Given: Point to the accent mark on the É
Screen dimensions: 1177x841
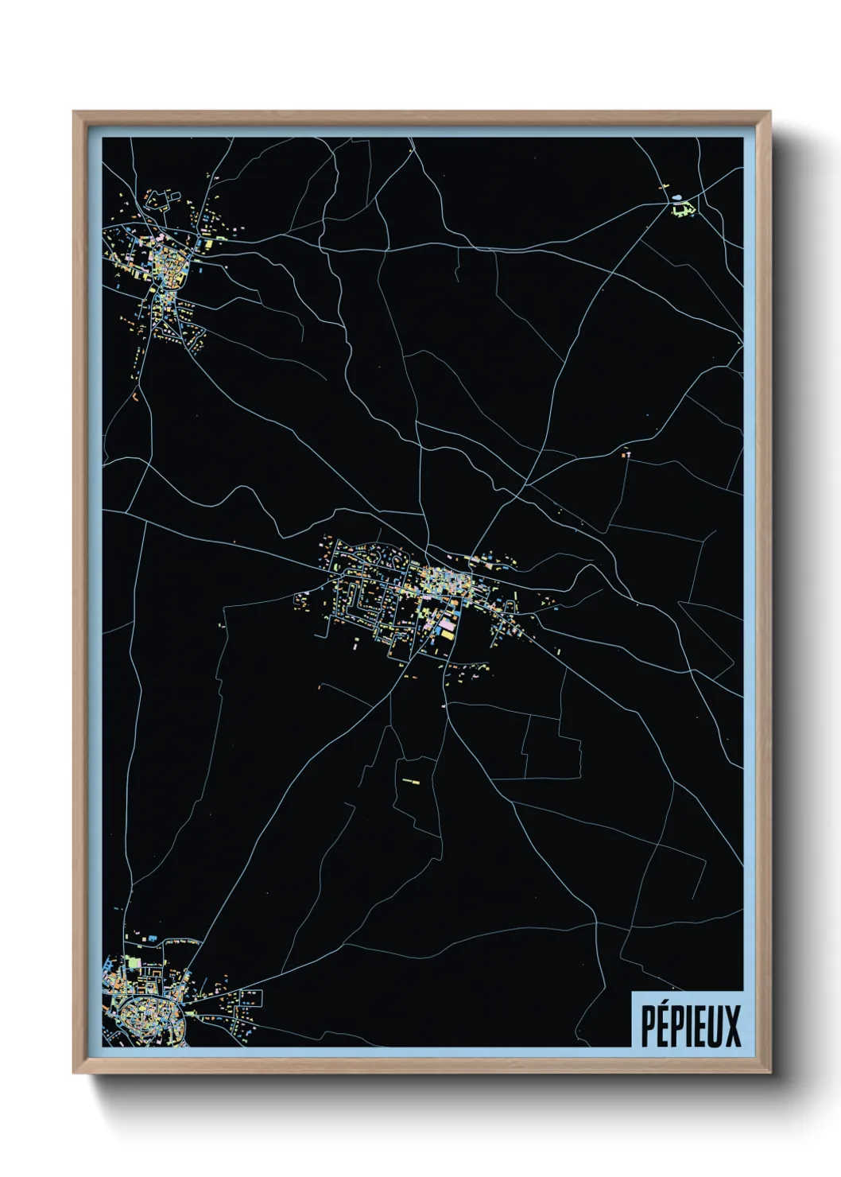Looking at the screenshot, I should [x=666, y=1005].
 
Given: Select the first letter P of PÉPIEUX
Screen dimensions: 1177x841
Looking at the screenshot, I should [x=647, y=1026].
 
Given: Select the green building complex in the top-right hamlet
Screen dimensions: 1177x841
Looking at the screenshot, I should [x=681, y=210].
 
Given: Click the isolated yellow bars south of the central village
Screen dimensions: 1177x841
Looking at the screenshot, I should [x=410, y=782].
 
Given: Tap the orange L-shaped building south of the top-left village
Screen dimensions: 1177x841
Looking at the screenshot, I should [x=135, y=394].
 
